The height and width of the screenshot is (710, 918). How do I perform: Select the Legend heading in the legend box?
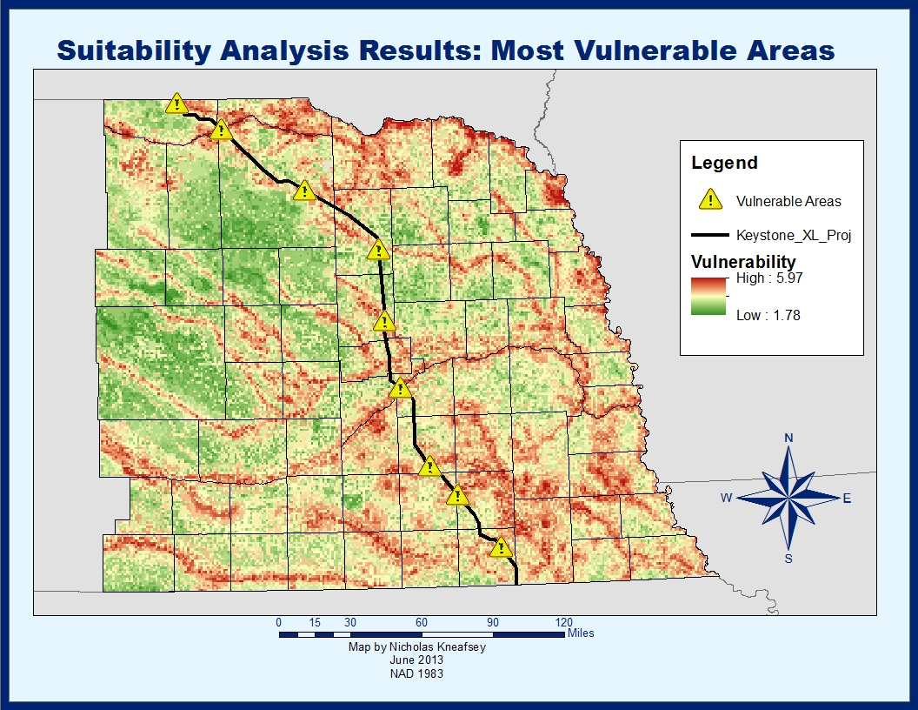tap(724, 163)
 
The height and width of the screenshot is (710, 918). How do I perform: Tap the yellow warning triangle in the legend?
tap(711, 199)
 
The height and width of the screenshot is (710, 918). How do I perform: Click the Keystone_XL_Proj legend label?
tap(788, 235)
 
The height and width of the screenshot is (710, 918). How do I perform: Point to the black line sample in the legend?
tap(709, 235)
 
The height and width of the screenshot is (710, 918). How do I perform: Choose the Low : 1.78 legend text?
tap(768, 315)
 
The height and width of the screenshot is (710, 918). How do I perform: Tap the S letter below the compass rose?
tap(788, 559)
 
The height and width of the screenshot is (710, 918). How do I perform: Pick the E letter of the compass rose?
tap(847, 499)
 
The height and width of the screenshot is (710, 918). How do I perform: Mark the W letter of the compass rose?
tap(726, 498)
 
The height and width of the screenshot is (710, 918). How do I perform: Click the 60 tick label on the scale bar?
tap(421, 622)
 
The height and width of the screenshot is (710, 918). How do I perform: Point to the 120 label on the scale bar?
tap(563, 622)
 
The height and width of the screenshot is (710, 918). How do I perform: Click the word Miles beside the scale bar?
tap(581, 633)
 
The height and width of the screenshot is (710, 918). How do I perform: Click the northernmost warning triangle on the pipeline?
tap(177, 104)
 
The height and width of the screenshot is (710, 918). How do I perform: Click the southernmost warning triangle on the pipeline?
tap(500, 547)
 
